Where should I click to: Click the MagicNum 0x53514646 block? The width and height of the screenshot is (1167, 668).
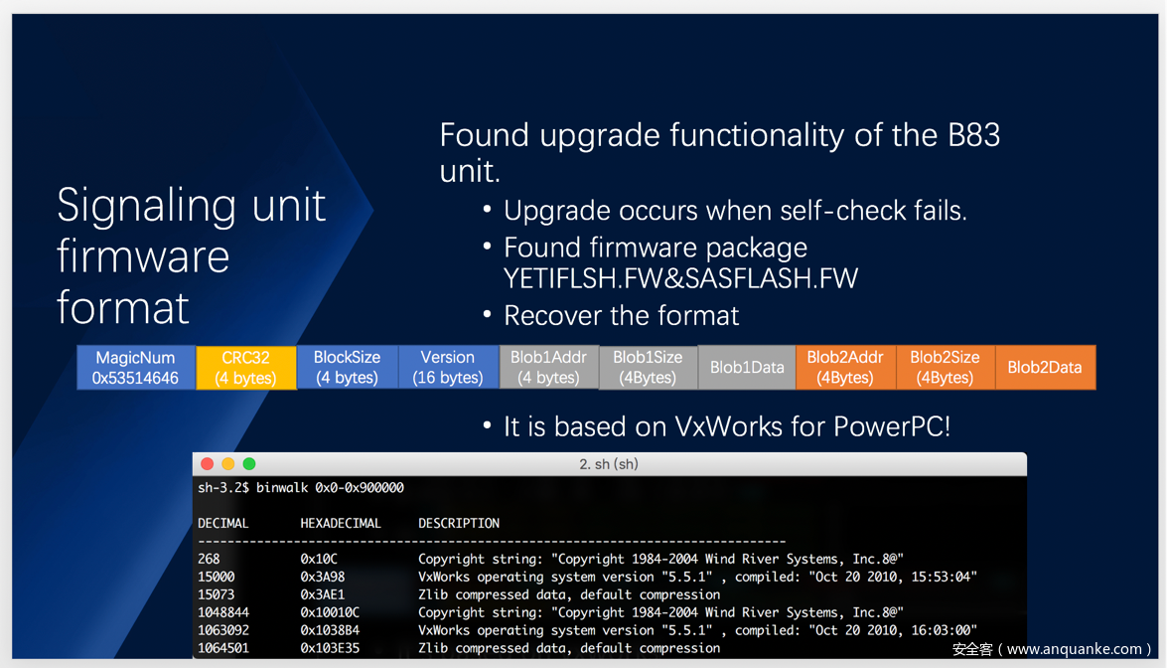pyautogui.click(x=136, y=367)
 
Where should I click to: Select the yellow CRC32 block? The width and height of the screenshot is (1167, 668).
pyautogui.click(x=246, y=367)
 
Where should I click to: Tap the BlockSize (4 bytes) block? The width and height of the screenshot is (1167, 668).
pyautogui.click(x=347, y=367)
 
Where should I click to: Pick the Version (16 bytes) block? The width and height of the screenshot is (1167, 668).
pyautogui.click(x=448, y=367)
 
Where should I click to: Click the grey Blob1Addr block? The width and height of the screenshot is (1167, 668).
pyautogui.click(x=548, y=367)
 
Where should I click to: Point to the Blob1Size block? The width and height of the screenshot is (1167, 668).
pyautogui.click(x=648, y=367)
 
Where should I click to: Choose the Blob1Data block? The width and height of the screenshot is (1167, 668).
pyautogui.click(x=747, y=367)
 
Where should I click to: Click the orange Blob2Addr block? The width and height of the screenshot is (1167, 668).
pyautogui.click(x=845, y=367)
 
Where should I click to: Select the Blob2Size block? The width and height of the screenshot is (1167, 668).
pyautogui.click(x=946, y=367)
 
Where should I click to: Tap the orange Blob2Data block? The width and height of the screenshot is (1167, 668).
pyautogui.click(x=1045, y=367)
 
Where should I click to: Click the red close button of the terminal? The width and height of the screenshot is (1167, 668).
pyautogui.click(x=207, y=464)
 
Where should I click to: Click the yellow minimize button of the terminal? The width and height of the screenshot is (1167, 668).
pyautogui.click(x=227, y=464)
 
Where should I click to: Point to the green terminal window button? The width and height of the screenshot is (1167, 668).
pyautogui.click(x=249, y=464)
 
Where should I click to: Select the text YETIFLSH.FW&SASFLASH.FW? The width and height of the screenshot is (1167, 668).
pyautogui.click(x=681, y=278)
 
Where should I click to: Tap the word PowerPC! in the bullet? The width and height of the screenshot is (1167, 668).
pyautogui.click(x=892, y=426)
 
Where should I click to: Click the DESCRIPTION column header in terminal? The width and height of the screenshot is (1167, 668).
pyautogui.click(x=459, y=524)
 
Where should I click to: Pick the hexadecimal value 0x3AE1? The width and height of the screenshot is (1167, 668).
pyautogui.click(x=322, y=595)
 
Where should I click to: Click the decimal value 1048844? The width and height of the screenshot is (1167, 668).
pyautogui.click(x=223, y=613)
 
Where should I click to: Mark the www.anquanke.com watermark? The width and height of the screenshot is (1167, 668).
pyautogui.click(x=1074, y=649)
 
